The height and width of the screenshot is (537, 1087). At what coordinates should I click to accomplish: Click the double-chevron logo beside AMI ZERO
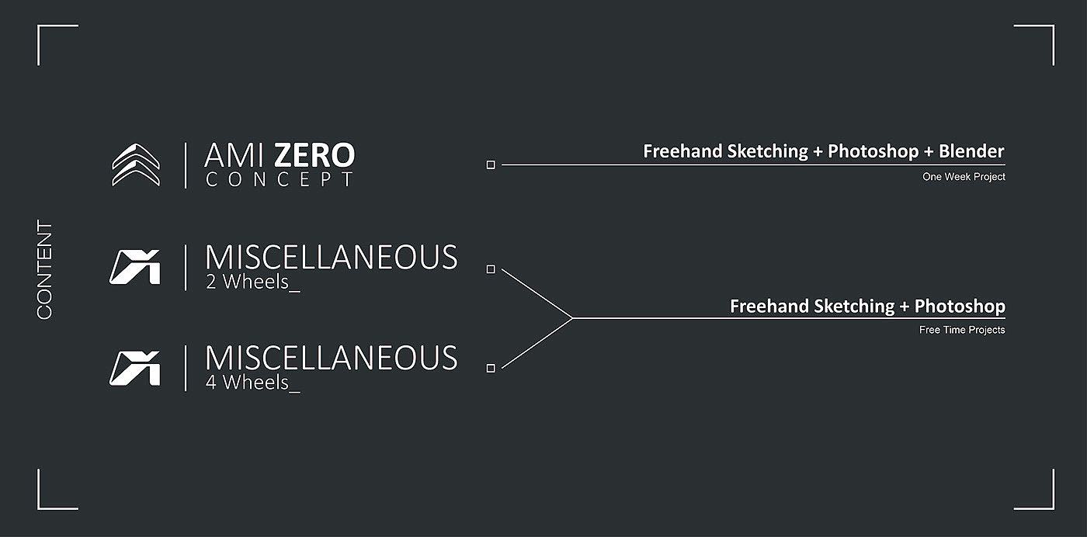tap(136, 165)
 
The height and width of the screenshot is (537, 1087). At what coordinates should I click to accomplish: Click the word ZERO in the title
tap(314, 156)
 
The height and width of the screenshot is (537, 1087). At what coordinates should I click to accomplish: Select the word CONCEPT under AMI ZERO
tap(280, 180)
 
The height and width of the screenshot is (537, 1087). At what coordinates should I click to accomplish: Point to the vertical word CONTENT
tap(45, 270)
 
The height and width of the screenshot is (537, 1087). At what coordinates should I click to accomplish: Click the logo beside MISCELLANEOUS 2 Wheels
tap(135, 267)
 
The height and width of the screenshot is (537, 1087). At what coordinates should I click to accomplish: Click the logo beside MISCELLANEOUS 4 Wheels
tap(135, 368)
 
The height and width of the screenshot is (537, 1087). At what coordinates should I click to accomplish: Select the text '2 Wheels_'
tap(252, 282)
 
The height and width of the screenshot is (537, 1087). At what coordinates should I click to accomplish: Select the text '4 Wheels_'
tap(252, 383)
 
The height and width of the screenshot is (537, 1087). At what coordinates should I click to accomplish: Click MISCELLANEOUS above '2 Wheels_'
tap(331, 258)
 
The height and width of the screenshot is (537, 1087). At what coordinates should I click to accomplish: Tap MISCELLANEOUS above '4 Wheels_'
tap(331, 359)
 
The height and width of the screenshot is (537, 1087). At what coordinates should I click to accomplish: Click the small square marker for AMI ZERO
tap(491, 165)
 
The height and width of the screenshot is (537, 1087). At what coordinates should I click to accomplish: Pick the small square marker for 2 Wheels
tap(491, 269)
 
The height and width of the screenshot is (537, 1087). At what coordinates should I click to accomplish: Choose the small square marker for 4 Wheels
tap(491, 368)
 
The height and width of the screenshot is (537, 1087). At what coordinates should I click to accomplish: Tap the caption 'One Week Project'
tap(964, 177)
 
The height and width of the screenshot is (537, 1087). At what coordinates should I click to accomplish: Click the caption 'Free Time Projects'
tap(962, 330)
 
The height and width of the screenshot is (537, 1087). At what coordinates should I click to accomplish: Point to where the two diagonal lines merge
tap(572, 318)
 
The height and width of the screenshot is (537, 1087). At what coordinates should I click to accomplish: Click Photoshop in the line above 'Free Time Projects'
tap(960, 307)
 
